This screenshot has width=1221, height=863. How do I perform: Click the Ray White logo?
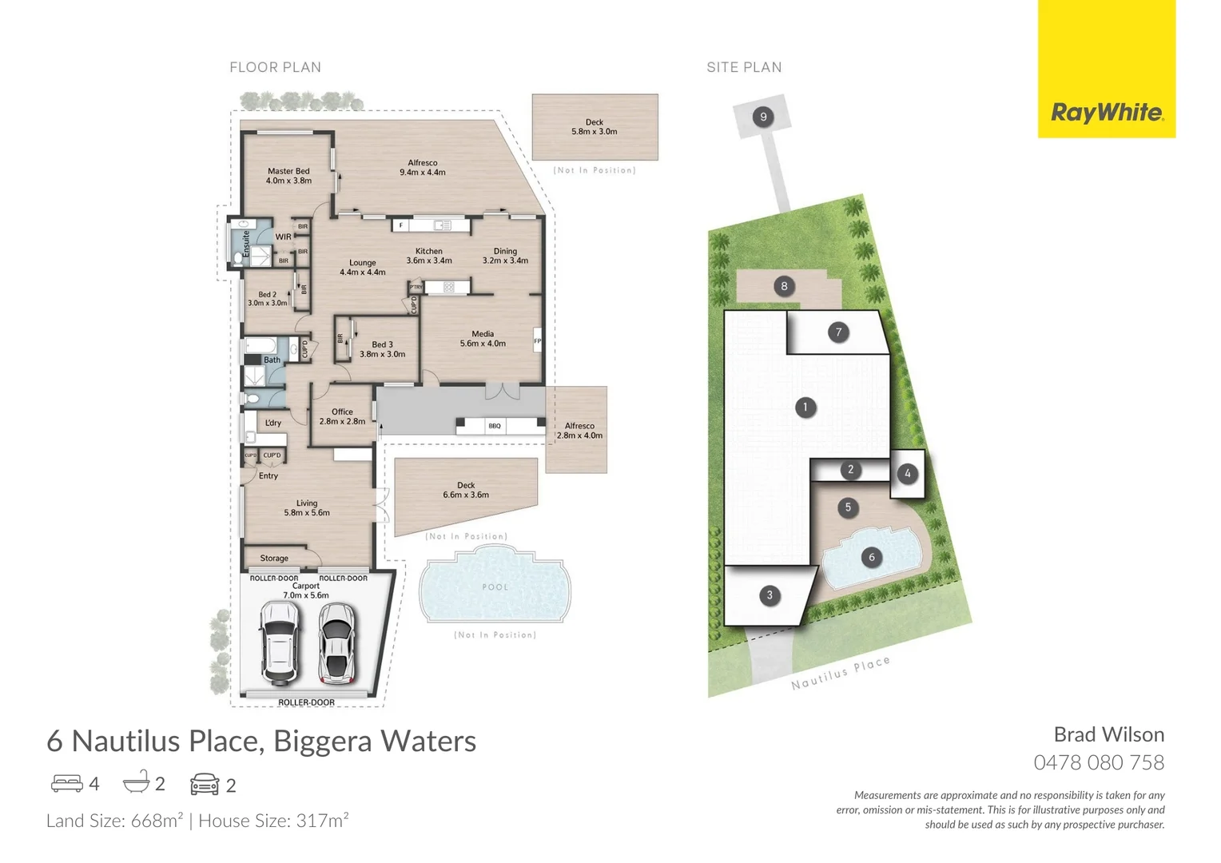click(1107, 112)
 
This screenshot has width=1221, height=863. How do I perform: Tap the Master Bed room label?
click(288, 171)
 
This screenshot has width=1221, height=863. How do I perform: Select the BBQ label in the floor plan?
click(495, 426)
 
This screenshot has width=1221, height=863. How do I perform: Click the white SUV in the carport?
click(279, 642)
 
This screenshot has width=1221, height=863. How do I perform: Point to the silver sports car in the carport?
click(336, 643)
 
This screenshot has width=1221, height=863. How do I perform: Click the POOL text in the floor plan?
click(495, 587)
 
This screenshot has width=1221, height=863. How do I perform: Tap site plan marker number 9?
click(763, 117)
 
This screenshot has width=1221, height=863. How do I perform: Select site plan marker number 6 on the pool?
click(871, 557)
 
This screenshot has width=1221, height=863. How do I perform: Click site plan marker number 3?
click(770, 595)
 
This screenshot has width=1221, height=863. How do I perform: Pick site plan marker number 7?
click(838, 332)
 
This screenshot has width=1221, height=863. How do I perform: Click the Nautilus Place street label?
click(840, 673)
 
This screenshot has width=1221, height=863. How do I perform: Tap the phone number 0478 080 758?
click(1098, 762)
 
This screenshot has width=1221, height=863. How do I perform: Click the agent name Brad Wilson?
click(1108, 734)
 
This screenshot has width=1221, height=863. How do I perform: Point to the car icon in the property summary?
click(205, 784)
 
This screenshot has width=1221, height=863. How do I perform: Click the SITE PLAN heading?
click(744, 67)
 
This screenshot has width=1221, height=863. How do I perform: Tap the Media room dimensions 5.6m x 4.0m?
click(483, 344)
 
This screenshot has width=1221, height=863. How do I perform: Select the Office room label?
click(342, 412)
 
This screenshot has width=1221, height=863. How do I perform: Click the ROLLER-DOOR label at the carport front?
click(306, 702)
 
